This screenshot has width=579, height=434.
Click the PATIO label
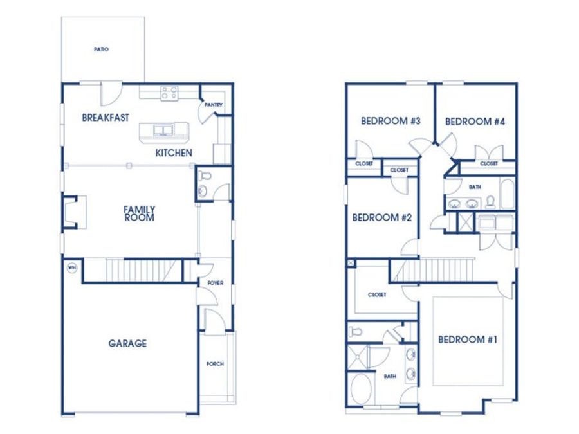pyautogui.click(x=101, y=49)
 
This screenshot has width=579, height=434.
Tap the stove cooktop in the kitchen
pyautogui.click(x=169, y=93)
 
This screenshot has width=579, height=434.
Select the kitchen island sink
pyautogui.click(x=163, y=131)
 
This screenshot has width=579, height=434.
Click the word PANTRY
pyautogui.click(x=214, y=105)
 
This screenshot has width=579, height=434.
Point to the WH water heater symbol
pyautogui.click(x=72, y=267)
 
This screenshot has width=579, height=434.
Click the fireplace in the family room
pyautogui.click(x=75, y=212)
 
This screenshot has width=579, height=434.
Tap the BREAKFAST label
pyautogui.click(x=106, y=118)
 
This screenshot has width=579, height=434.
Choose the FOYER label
pyautogui.click(x=216, y=283)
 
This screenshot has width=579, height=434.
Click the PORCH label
pyautogui.click(x=215, y=364)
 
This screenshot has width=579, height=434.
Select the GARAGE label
pyautogui.click(x=127, y=343)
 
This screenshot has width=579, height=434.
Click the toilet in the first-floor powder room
pyautogui.click(x=204, y=176)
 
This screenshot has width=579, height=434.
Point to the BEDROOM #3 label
pyautogui.click(x=391, y=121)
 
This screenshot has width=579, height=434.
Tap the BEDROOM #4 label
pyautogui.click(x=475, y=122)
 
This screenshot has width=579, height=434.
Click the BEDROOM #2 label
pyautogui.click(x=381, y=218)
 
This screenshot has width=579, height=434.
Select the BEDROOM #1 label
pyautogui.click(x=468, y=339)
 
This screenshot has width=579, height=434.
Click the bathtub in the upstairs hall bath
pyautogui.click(x=507, y=194)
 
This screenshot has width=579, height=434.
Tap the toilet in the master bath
pyautogui.click(x=355, y=331)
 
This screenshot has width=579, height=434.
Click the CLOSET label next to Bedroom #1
pyautogui.click(x=377, y=295)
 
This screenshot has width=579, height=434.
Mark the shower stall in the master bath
pyautogui.click(x=357, y=356)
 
